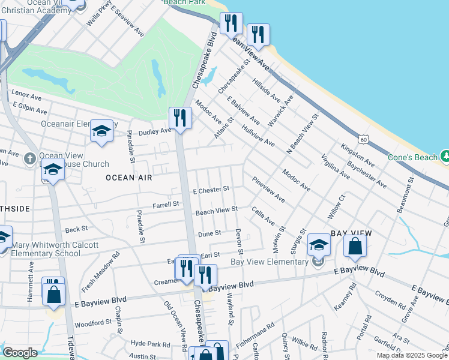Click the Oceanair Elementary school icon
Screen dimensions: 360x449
pyautogui.click(x=101, y=132)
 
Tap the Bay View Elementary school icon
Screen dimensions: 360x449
pyautogui.click(x=319, y=245)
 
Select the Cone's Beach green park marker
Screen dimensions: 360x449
pyautogui.click(x=445, y=156)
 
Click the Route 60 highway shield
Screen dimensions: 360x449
pyautogui.click(x=363, y=139)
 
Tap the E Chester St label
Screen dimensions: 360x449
pyautogui.click(x=211, y=190)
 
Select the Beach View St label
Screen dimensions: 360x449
pyautogui.click(x=217, y=210)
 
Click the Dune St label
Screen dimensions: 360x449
pyautogui.click(x=209, y=233)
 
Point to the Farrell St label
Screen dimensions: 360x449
pyautogui.click(x=166, y=205)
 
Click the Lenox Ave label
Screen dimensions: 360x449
pyautogui.click(x=26, y=97)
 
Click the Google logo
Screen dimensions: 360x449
pyautogui.click(x=20, y=353)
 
